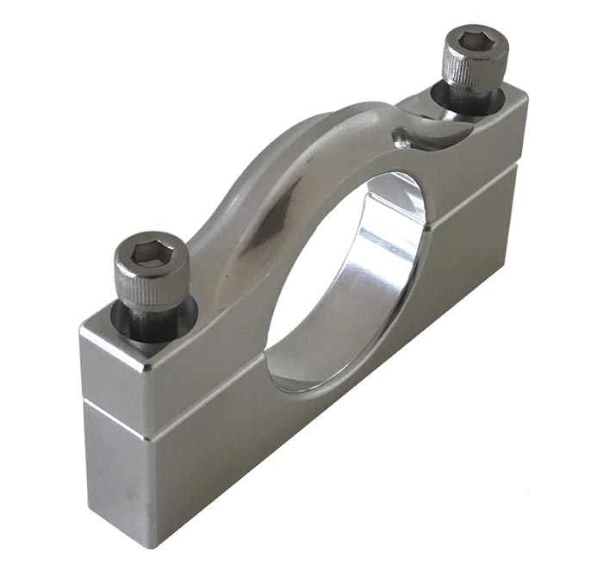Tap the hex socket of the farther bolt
pos(473,40)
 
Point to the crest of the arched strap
pos(345,121)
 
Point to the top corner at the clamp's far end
pos(526,93)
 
